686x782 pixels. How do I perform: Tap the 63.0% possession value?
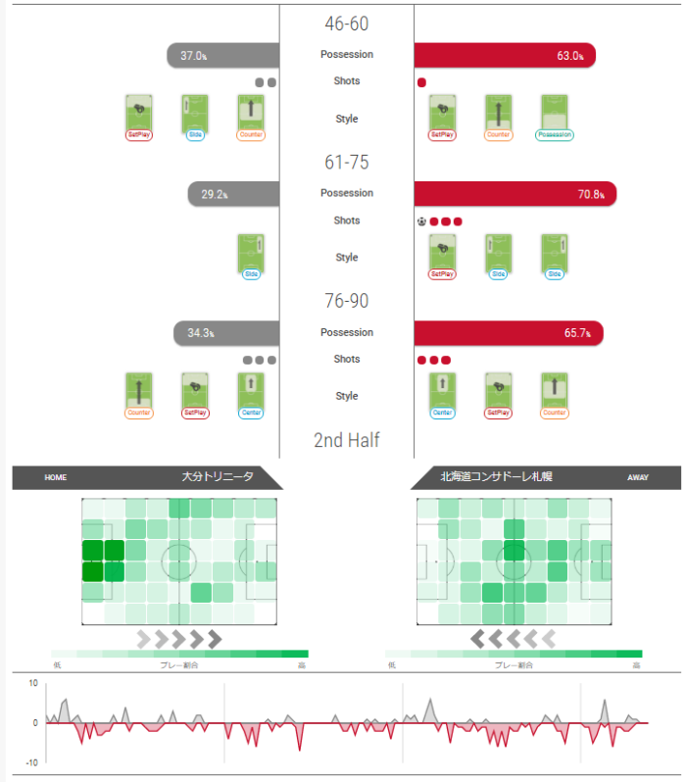click(x=570, y=56)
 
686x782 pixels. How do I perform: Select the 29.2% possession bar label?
click(x=215, y=195)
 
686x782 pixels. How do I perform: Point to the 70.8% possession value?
click(x=592, y=195)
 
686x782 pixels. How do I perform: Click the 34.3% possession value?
click(x=201, y=333)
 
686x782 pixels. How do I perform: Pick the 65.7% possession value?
click(x=577, y=333)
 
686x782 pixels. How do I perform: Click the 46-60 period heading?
click(x=346, y=24)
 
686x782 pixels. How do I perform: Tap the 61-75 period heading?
click(x=346, y=163)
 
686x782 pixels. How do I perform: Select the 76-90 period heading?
click(x=346, y=301)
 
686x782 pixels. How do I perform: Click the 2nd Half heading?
click(x=346, y=441)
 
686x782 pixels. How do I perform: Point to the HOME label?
click(x=55, y=478)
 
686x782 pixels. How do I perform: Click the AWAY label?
click(x=639, y=478)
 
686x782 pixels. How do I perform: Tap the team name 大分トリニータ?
click(x=218, y=477)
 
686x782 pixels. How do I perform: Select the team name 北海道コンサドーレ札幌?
click(x=482, y=477)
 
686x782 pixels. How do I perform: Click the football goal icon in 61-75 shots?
click(x=421, y=221)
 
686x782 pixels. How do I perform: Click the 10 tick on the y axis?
click(x=33, y=684)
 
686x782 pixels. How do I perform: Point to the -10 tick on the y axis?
click(x=32, y=762)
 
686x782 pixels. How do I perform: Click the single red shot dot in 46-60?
click(x=421, y=82)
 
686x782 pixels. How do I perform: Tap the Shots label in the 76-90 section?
click(x=346, y=360)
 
